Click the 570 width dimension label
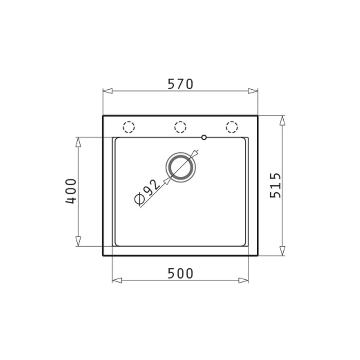click(x=180, y=84)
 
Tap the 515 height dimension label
click(x=275, y=185)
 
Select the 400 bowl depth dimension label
click(x=71, y=191)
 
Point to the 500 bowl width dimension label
click(x=180, y=274)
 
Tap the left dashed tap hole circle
click(x=129, y=127)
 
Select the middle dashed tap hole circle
click(x=180, y=127)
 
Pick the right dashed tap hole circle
click(x=231, y=127)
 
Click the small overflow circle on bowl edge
click(x=204, y=138)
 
